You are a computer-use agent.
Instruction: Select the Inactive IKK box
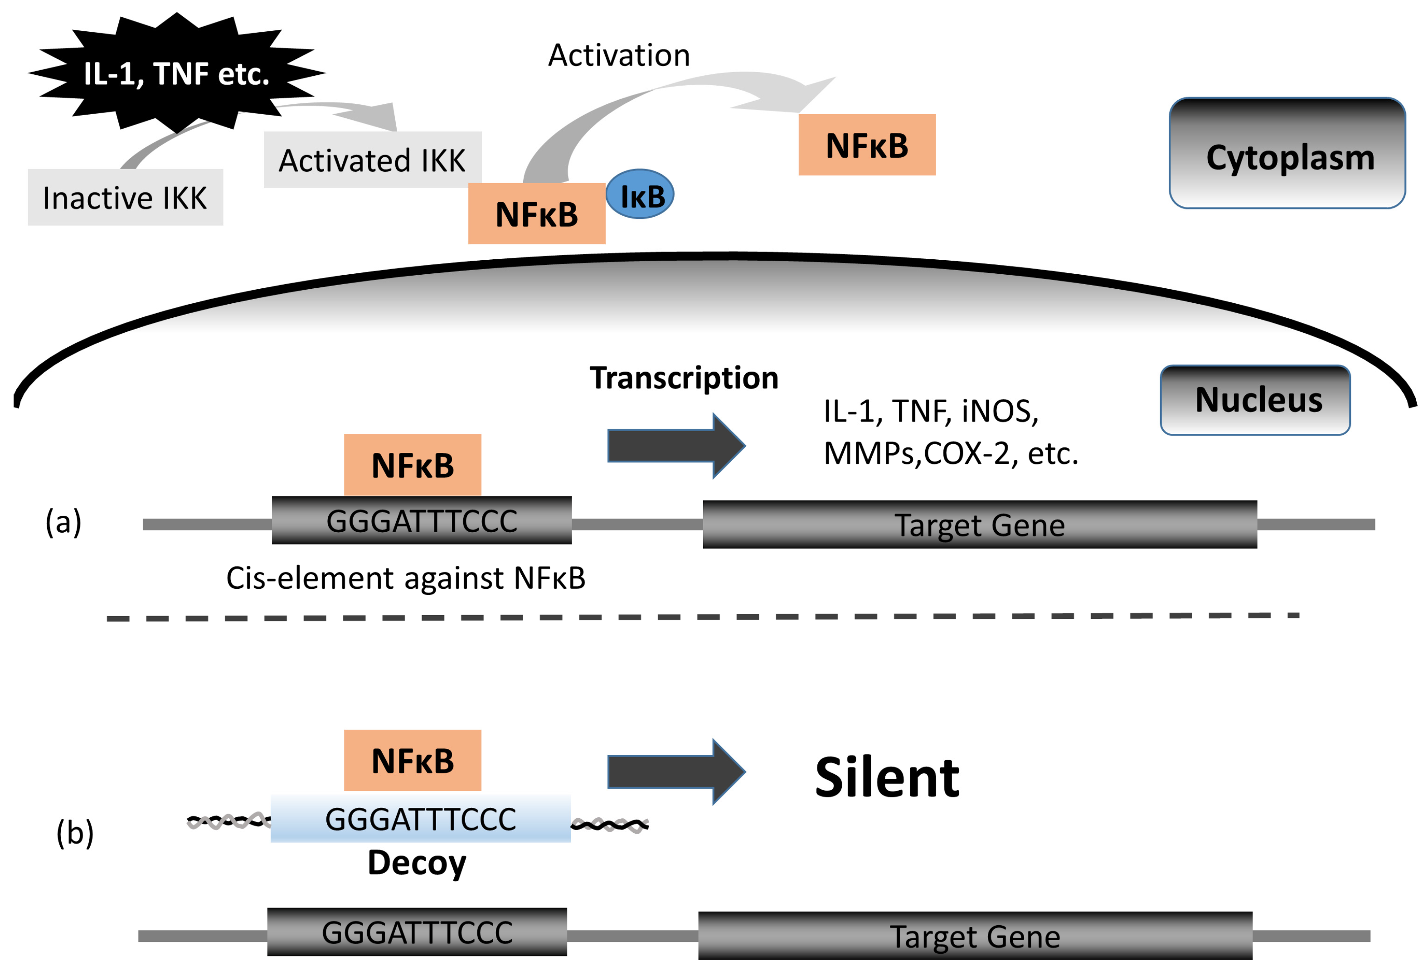click(x=126, y=197)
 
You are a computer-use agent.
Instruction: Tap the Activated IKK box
click(x=372, y=160)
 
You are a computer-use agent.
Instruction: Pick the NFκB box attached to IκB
click(x=536, y=214)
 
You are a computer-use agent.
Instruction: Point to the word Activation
click(x=619, y=55)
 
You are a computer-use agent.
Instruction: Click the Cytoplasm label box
click(x=1287, y=154)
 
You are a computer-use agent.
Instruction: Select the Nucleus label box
click(x=1255, y=400)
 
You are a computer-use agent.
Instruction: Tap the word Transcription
click(x=684, y=377)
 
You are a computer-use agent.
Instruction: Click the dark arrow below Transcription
click(x=675, y=446)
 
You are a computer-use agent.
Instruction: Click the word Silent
click(x=887, y=777)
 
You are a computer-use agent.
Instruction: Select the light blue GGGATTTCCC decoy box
click(x=420, y=819)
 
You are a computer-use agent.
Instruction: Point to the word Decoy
click(x=417, y=863)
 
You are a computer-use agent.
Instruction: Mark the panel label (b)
click(x=75, y=833)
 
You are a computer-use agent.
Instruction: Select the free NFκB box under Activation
click(x=867, y=145)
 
